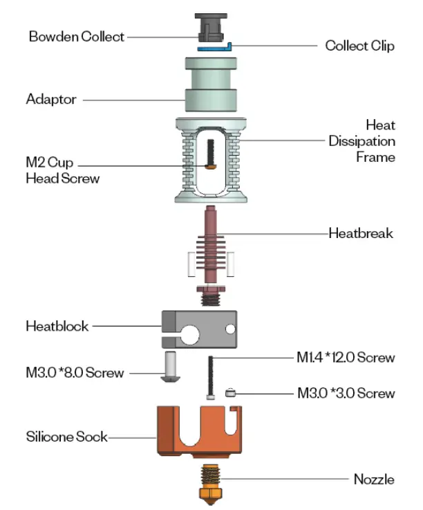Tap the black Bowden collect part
210,28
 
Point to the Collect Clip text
359,46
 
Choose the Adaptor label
50,99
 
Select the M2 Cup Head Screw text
62,171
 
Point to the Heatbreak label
360,233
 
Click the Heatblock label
57,325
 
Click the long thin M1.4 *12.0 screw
210,374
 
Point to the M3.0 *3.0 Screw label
346,393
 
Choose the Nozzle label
373,479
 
